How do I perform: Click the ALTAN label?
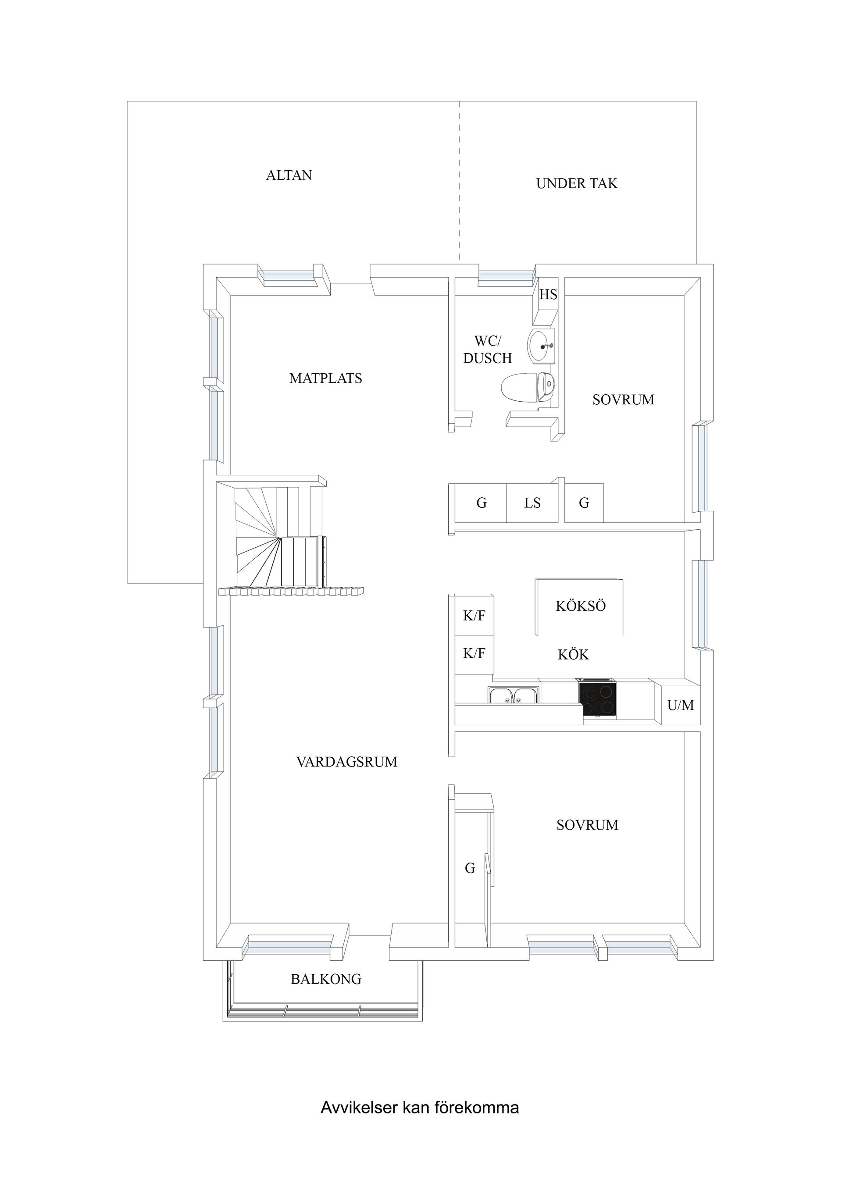tap(289, 175)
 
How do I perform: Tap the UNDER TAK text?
tap(577, 184)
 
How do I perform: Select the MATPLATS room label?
tap(326, 378)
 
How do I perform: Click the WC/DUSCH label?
tap(488, 349)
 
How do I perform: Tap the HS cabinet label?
tap(548, 295)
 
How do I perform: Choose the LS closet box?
tap(532, 503)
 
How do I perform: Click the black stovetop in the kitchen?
tap(599, 700)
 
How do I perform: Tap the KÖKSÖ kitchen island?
tap(579, 607)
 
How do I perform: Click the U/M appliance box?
tap(681, 705)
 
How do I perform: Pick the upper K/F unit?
tap(474, 615)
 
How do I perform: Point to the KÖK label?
tap(573, 655)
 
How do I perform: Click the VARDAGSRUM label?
tap(346, 762)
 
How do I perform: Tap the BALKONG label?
tap(326, 979)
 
